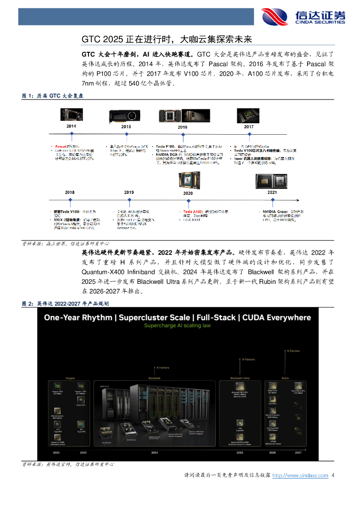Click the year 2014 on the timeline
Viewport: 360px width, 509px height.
tap(71, 127)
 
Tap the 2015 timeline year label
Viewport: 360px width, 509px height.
tap(126, 127)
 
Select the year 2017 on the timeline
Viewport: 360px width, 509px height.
tap(249, 127)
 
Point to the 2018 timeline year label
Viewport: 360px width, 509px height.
tap(70, 192)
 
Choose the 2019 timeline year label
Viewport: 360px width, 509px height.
tap(129, 192)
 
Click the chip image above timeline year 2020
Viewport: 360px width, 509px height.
tap(188, 180)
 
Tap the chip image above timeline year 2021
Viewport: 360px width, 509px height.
tap(272, 181)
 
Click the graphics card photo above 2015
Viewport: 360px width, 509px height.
tap(126, 116)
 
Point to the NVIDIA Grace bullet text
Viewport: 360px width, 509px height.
tap(274, 212)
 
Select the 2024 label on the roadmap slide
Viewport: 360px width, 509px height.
tap(155, 453)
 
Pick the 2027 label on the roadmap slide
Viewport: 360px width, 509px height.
tap(297, 453)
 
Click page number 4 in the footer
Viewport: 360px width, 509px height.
tap(333, 476)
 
